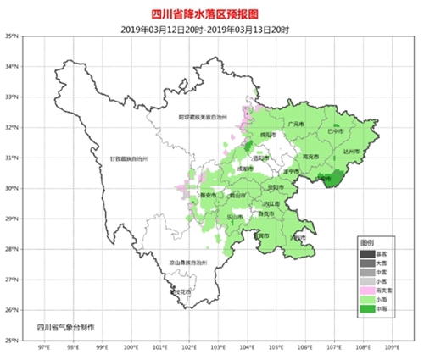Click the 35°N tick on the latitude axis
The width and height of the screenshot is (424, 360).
[x=26, y=36]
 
